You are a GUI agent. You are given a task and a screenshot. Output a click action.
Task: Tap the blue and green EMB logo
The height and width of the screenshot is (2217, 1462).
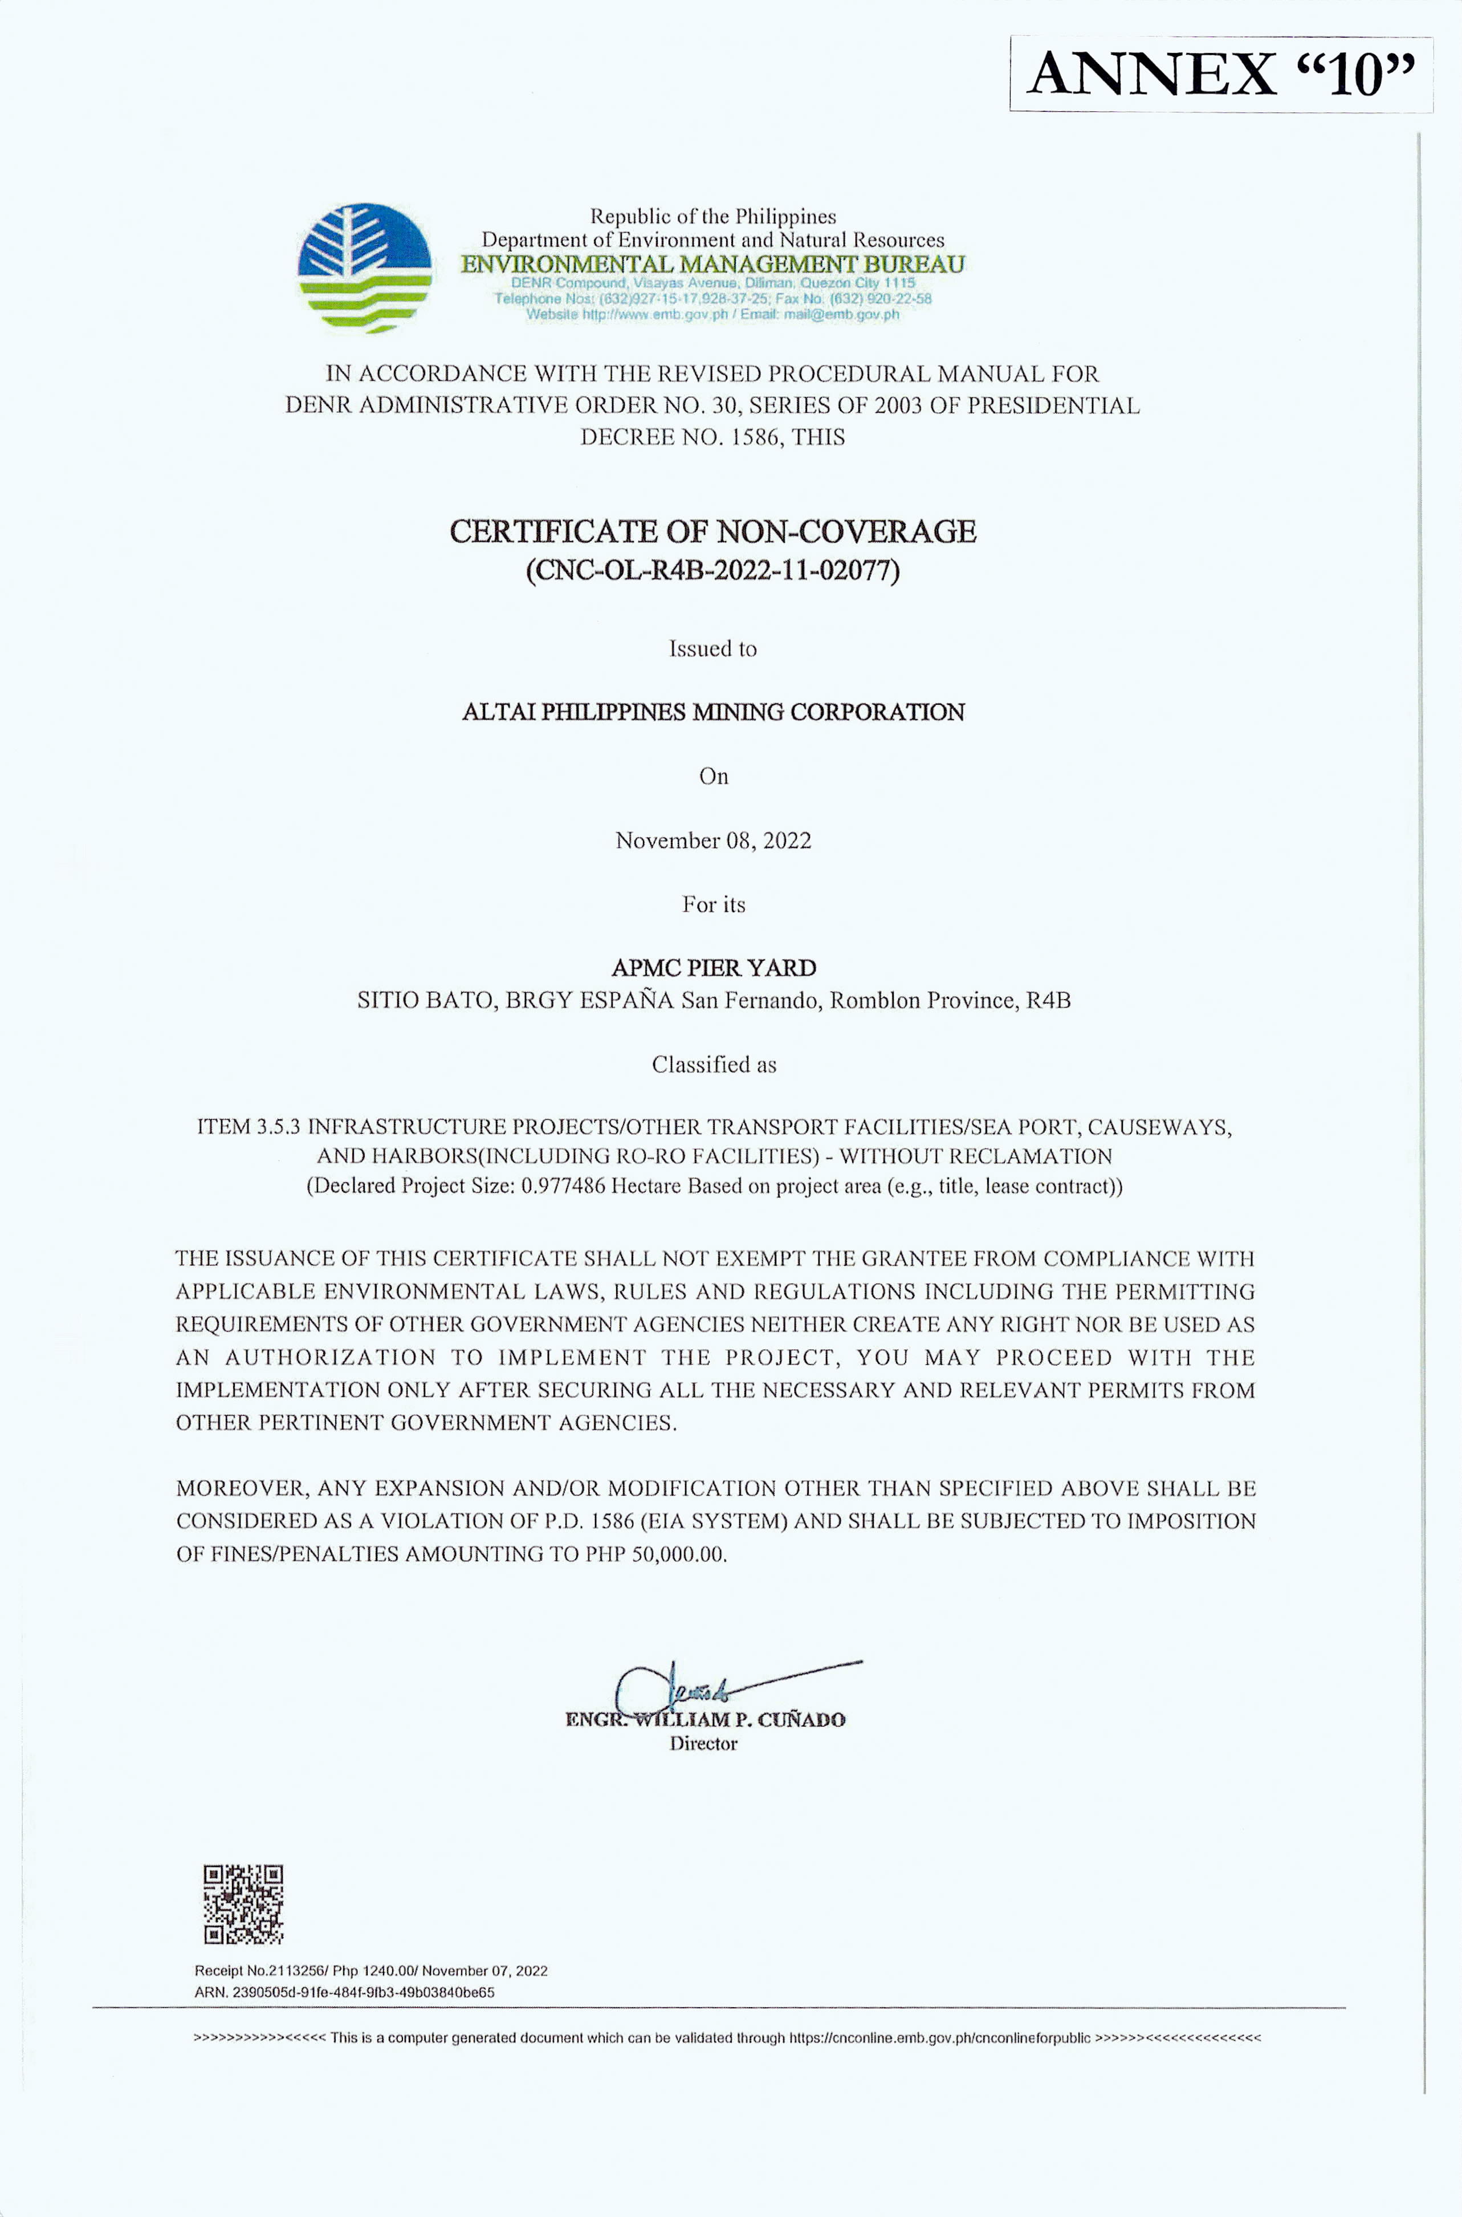365,267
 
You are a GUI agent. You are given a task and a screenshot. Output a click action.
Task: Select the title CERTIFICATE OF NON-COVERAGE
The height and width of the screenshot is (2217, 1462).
712,531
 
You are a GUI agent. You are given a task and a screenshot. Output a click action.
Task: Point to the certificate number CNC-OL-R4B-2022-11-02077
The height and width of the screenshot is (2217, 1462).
712,570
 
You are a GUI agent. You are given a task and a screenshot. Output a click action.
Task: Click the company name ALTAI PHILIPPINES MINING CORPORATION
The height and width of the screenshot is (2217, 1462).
712,713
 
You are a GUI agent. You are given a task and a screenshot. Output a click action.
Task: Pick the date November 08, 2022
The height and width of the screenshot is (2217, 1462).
712,840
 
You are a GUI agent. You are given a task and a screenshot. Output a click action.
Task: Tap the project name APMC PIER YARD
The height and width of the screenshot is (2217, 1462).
712,968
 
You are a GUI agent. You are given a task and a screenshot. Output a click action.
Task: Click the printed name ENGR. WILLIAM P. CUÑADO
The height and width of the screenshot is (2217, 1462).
705,1720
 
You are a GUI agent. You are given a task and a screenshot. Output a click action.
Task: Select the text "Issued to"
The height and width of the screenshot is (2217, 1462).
712,649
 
